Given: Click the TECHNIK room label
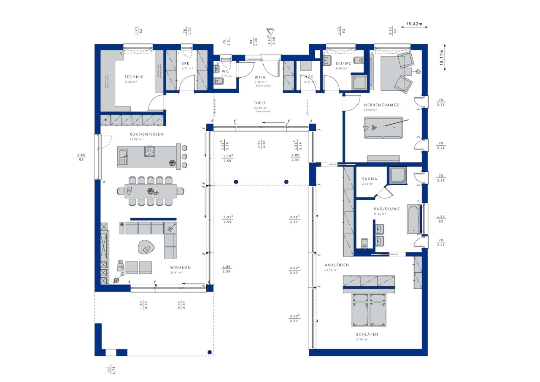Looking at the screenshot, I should pos(134,77).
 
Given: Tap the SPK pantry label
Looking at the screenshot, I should pos(185,63).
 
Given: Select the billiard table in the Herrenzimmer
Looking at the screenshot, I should pos(383,127).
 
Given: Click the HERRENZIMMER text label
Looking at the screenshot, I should pos(381,105).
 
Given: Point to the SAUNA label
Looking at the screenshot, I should pos(370,179).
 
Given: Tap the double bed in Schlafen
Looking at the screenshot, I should pos(369,310).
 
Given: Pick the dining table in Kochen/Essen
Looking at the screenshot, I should pos(151,191).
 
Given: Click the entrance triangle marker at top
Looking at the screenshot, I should pos(269,32).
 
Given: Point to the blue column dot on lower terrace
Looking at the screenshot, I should pos(209,352).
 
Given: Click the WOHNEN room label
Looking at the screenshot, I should pos(180,268).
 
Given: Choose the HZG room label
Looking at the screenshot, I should pos(309,77).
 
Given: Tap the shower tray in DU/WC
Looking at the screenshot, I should pos(359,83).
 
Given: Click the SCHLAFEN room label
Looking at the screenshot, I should pos(366,334).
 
